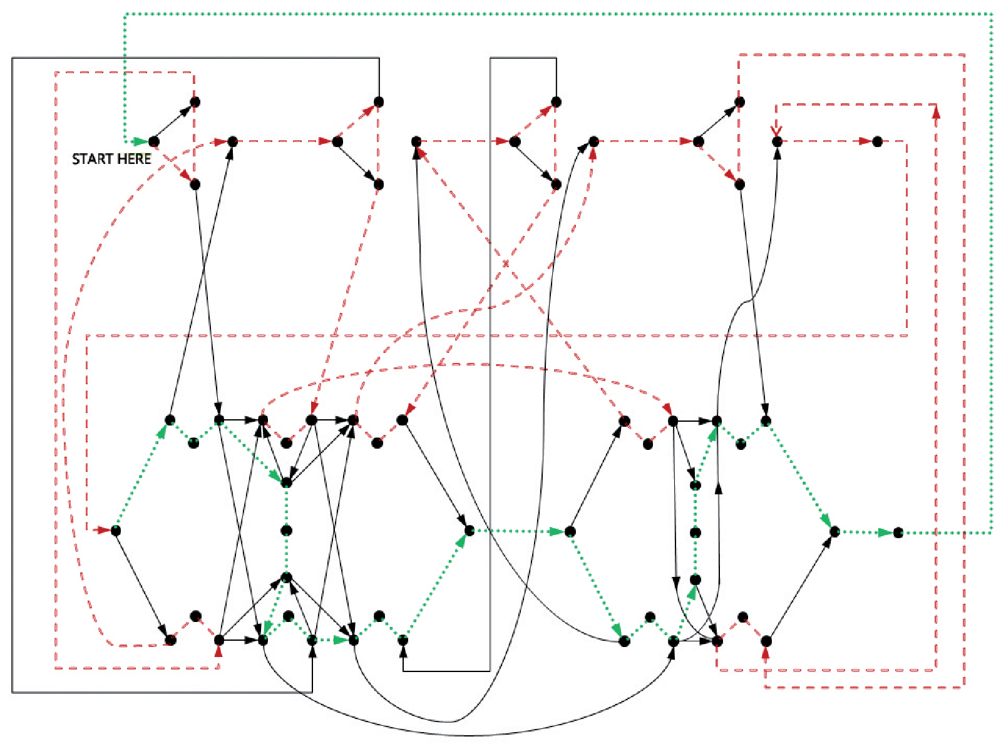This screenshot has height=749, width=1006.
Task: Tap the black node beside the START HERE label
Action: pyautogui.click(x=154, y=141)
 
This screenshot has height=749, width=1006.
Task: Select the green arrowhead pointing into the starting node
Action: pyautogui.click(x=141, y=141)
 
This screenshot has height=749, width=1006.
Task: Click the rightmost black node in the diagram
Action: pyautogui.click(x=898, y=532)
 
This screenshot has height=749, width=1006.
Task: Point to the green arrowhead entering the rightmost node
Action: pyautogui.click(x=885, y=532)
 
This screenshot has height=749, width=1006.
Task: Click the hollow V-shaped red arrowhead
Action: pyautogui.click(x=776, y=131)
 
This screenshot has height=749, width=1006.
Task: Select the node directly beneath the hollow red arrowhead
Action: pyautogui.click(x=777, y=141)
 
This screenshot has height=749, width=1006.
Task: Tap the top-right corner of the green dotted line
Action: pyautogui.click(x=992, y=14)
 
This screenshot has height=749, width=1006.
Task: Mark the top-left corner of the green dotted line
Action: pyautogui.click(x=125, y=14)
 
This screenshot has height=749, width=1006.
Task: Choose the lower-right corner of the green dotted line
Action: pyautogui.click(x=992, y=532)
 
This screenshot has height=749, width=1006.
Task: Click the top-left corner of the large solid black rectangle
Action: pyautogui.click(x=13, y=58)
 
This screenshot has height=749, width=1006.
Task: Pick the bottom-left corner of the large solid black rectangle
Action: pyautogui.click(x=13, y=692)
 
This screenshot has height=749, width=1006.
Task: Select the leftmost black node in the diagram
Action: pyautogui.click(x=116, y=530)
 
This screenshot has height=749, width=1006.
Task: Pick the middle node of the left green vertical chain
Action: pyautogui.click(x=286, y=530)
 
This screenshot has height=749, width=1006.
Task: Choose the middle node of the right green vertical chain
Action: pyautogui.click(x=695, y=532)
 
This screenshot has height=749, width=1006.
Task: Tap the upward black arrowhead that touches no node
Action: pyautogui.click(x=719, y=487)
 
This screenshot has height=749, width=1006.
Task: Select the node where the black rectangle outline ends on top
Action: pyautogui.click(x=379, y=102)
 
